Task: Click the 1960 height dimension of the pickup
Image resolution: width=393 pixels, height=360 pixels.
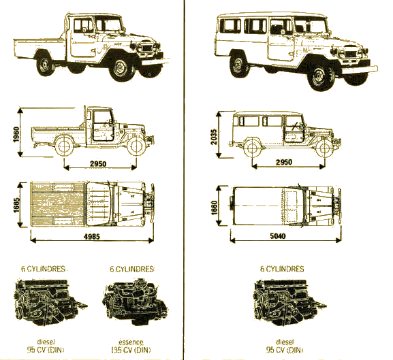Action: tap(16, 135)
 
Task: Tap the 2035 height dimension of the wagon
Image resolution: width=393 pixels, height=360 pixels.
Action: tap(214, 137)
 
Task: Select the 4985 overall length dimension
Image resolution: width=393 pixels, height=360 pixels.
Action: tap(91, 236)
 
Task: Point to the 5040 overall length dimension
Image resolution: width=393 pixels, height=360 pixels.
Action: tap(278, 236)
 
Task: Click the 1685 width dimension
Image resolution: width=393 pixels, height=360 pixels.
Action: tap(16, 206)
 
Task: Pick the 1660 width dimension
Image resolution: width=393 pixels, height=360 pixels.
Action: tap(214, 208)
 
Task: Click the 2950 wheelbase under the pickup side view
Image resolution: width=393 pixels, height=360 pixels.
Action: tap(98, 164)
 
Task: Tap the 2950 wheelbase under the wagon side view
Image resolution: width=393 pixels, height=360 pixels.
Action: tap(284, 162)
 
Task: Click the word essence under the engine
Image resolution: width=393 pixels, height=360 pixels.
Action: tap(131, 342)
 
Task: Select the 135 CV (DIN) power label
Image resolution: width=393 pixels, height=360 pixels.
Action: tap(131, 350)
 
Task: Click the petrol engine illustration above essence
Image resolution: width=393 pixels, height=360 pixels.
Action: tap(135, 301)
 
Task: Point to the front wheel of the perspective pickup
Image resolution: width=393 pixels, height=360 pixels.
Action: tap(121, 67)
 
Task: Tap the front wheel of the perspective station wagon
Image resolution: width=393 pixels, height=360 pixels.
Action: tap(320, 75)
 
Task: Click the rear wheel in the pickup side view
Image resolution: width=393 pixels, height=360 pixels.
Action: tap(64, 146)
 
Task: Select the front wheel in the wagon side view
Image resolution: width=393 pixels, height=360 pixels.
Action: tap(324, 148)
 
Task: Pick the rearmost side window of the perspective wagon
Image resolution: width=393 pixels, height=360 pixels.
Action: tap(230, 26)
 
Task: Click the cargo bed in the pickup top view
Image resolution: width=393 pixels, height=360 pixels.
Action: tap(58, 203)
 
